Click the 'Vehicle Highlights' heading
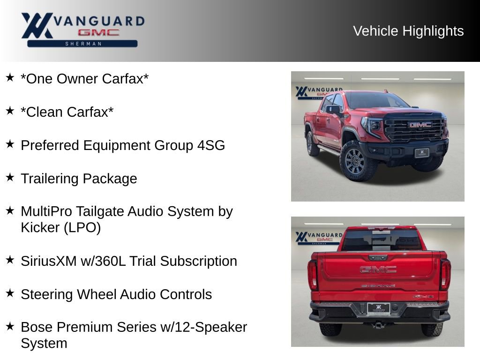(408, 31)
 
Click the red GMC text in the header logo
(98, 33)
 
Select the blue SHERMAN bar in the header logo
(82, 44)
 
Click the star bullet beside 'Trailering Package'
(10, 177)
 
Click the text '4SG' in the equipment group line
(211, 145)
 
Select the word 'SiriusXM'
(48, 261)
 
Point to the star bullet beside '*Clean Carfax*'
(10, 111)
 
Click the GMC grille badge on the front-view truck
(420, 125)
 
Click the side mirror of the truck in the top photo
(333, 109)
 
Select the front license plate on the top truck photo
(421, 153)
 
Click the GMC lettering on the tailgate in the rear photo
(378, 269)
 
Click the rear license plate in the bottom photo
(378, 308)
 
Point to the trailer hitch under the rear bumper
(378, 324)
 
